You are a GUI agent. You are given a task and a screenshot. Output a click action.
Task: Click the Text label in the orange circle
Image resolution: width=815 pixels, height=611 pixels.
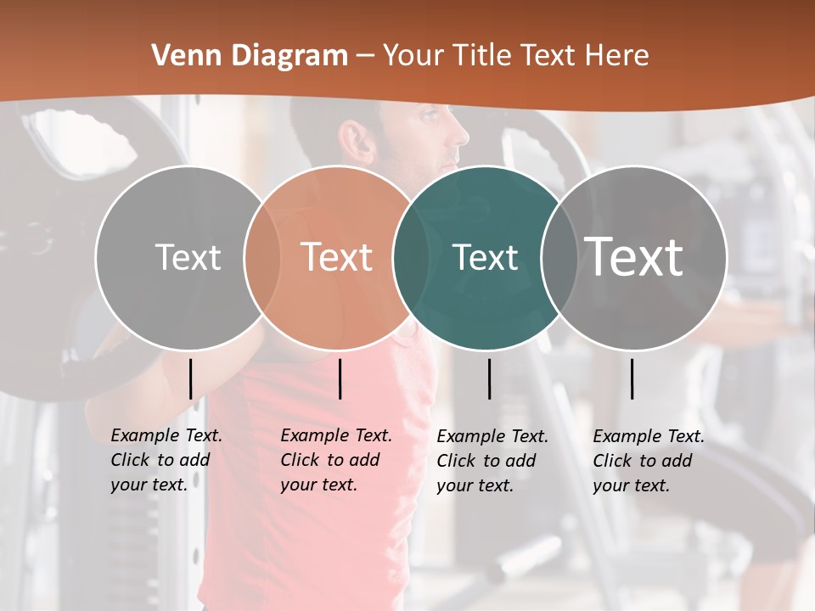[x=337, y=257]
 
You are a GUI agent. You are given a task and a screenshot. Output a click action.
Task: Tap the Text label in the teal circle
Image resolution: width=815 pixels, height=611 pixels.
[x=485, y=257]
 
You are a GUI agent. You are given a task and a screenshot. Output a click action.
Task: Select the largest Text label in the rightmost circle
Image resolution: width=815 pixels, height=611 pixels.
[x=634, y=256]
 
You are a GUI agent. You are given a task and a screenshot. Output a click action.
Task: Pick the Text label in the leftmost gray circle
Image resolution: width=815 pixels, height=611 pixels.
[x=188, y=257]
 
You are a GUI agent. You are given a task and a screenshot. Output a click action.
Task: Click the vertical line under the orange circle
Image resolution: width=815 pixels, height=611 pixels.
[x=340, y=378]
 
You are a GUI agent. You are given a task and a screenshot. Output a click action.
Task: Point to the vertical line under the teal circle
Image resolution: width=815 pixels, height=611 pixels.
[x=490, y=378]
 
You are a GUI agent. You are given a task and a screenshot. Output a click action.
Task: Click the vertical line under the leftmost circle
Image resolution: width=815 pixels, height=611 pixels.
[x=191, y=378]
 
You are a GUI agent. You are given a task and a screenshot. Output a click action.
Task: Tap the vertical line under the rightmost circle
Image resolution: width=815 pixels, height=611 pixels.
[x=632, y=378]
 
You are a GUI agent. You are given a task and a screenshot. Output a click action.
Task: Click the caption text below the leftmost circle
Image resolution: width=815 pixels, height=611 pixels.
[x=166, y=460]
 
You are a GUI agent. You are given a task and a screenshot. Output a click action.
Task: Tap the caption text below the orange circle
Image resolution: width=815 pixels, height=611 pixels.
[x=335, y=460]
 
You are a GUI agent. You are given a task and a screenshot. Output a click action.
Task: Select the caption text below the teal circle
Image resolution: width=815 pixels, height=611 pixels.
[x=492, y=461]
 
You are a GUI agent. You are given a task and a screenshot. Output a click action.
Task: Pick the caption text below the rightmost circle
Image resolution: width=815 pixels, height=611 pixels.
[x=648, y=461]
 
